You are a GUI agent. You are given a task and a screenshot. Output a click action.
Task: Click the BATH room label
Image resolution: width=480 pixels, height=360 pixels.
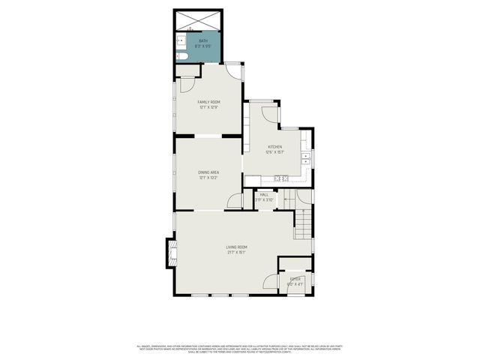coord(203,40)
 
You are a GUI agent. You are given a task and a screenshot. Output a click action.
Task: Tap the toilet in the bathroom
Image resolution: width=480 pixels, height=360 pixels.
coord(181,56)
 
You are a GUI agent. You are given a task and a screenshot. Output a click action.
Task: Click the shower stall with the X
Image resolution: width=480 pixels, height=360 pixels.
coord(198,18)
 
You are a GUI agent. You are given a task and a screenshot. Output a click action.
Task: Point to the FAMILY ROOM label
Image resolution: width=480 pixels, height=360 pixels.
coord(208,102)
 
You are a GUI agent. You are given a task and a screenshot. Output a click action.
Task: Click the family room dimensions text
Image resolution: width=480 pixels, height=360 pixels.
coord(208,107)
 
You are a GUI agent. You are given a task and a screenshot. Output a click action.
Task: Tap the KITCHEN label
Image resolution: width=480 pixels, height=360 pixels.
coord(274,147)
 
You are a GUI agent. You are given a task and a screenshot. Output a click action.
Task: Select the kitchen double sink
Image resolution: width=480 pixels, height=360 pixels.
coord(306,158)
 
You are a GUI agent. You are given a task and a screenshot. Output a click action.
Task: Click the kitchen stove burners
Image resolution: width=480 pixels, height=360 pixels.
coord(283,178)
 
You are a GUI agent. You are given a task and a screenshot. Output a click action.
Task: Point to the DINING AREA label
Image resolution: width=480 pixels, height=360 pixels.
coord(208,172)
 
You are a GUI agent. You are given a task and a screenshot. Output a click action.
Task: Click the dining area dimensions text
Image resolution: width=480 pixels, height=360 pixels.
coord(208,178)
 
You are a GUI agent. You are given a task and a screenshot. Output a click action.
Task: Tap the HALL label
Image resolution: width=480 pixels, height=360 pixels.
coord(264,195)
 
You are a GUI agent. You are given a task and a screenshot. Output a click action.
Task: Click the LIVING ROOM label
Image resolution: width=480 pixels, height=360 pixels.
coord(237,247)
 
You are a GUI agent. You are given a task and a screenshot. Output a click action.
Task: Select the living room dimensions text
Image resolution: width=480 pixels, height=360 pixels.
coord(237,252)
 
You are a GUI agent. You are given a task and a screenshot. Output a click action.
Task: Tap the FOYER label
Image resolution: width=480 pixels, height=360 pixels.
coord(295,279)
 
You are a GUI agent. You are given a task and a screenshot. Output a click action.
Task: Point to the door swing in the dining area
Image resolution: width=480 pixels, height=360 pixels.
coord(235,202)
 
